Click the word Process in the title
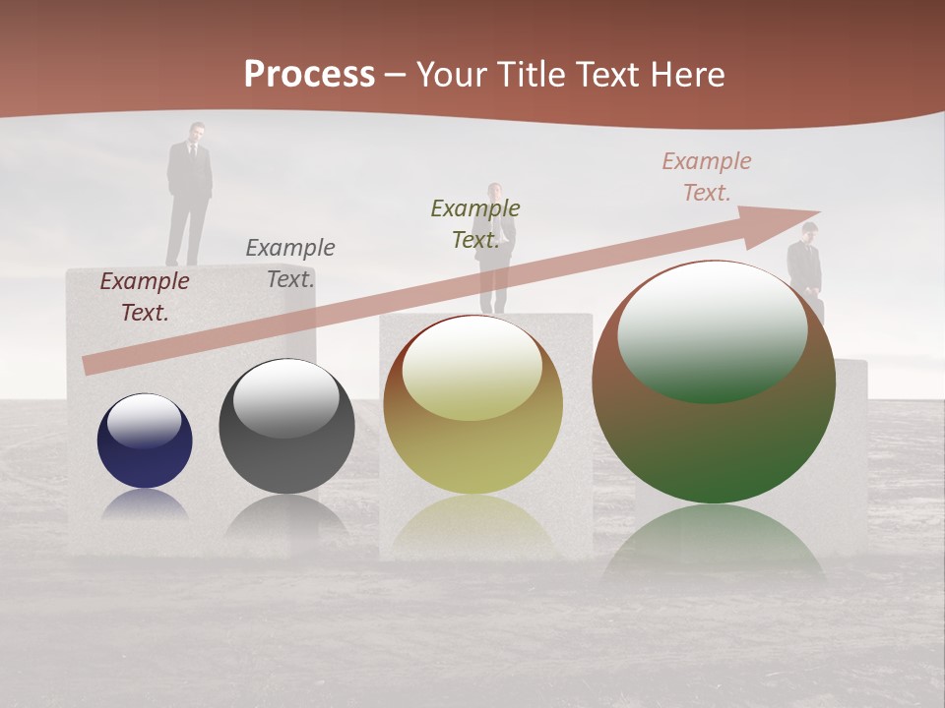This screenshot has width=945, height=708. click(x=309, y=75)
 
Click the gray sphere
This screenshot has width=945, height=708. click(x=286, y=427)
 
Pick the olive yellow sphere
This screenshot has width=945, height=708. click(x=472, y=405)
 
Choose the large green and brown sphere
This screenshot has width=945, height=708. click(x=714, y=383)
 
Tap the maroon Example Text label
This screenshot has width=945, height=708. click(x=145, y=297)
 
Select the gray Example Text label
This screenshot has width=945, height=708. click(x=290, y=264)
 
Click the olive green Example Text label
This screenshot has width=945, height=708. click(x=475, y=224)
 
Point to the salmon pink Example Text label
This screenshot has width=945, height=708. click(x=707, y=177)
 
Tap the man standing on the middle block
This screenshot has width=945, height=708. click(x=494, y=251)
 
